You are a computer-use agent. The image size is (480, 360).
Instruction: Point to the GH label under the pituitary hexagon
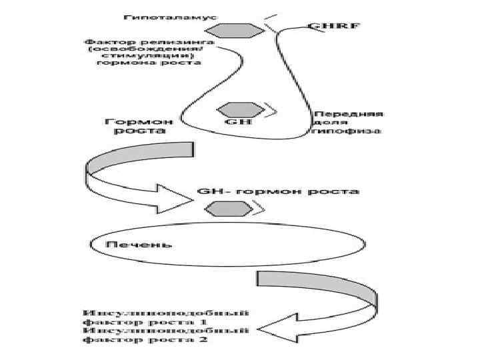(x=238, y=123)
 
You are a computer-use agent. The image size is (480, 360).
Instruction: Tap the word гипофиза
(x=346, y=132)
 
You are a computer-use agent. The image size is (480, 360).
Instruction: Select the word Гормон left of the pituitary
(x=139, y=121)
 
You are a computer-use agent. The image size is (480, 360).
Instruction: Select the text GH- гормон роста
(x=279, y=192)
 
